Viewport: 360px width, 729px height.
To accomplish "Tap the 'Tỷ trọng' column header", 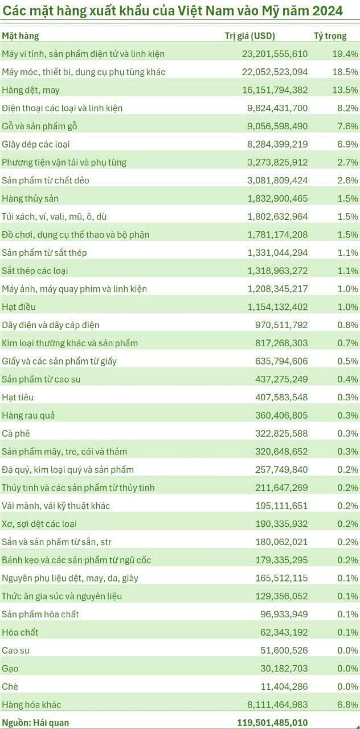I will (330, 36).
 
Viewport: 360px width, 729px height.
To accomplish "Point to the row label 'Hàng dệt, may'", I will (31, 90).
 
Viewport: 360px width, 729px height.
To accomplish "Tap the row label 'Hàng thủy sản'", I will (30, 199).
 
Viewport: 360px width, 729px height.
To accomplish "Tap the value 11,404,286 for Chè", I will (283, 687).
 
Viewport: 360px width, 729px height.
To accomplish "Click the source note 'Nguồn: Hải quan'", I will (35, 723).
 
